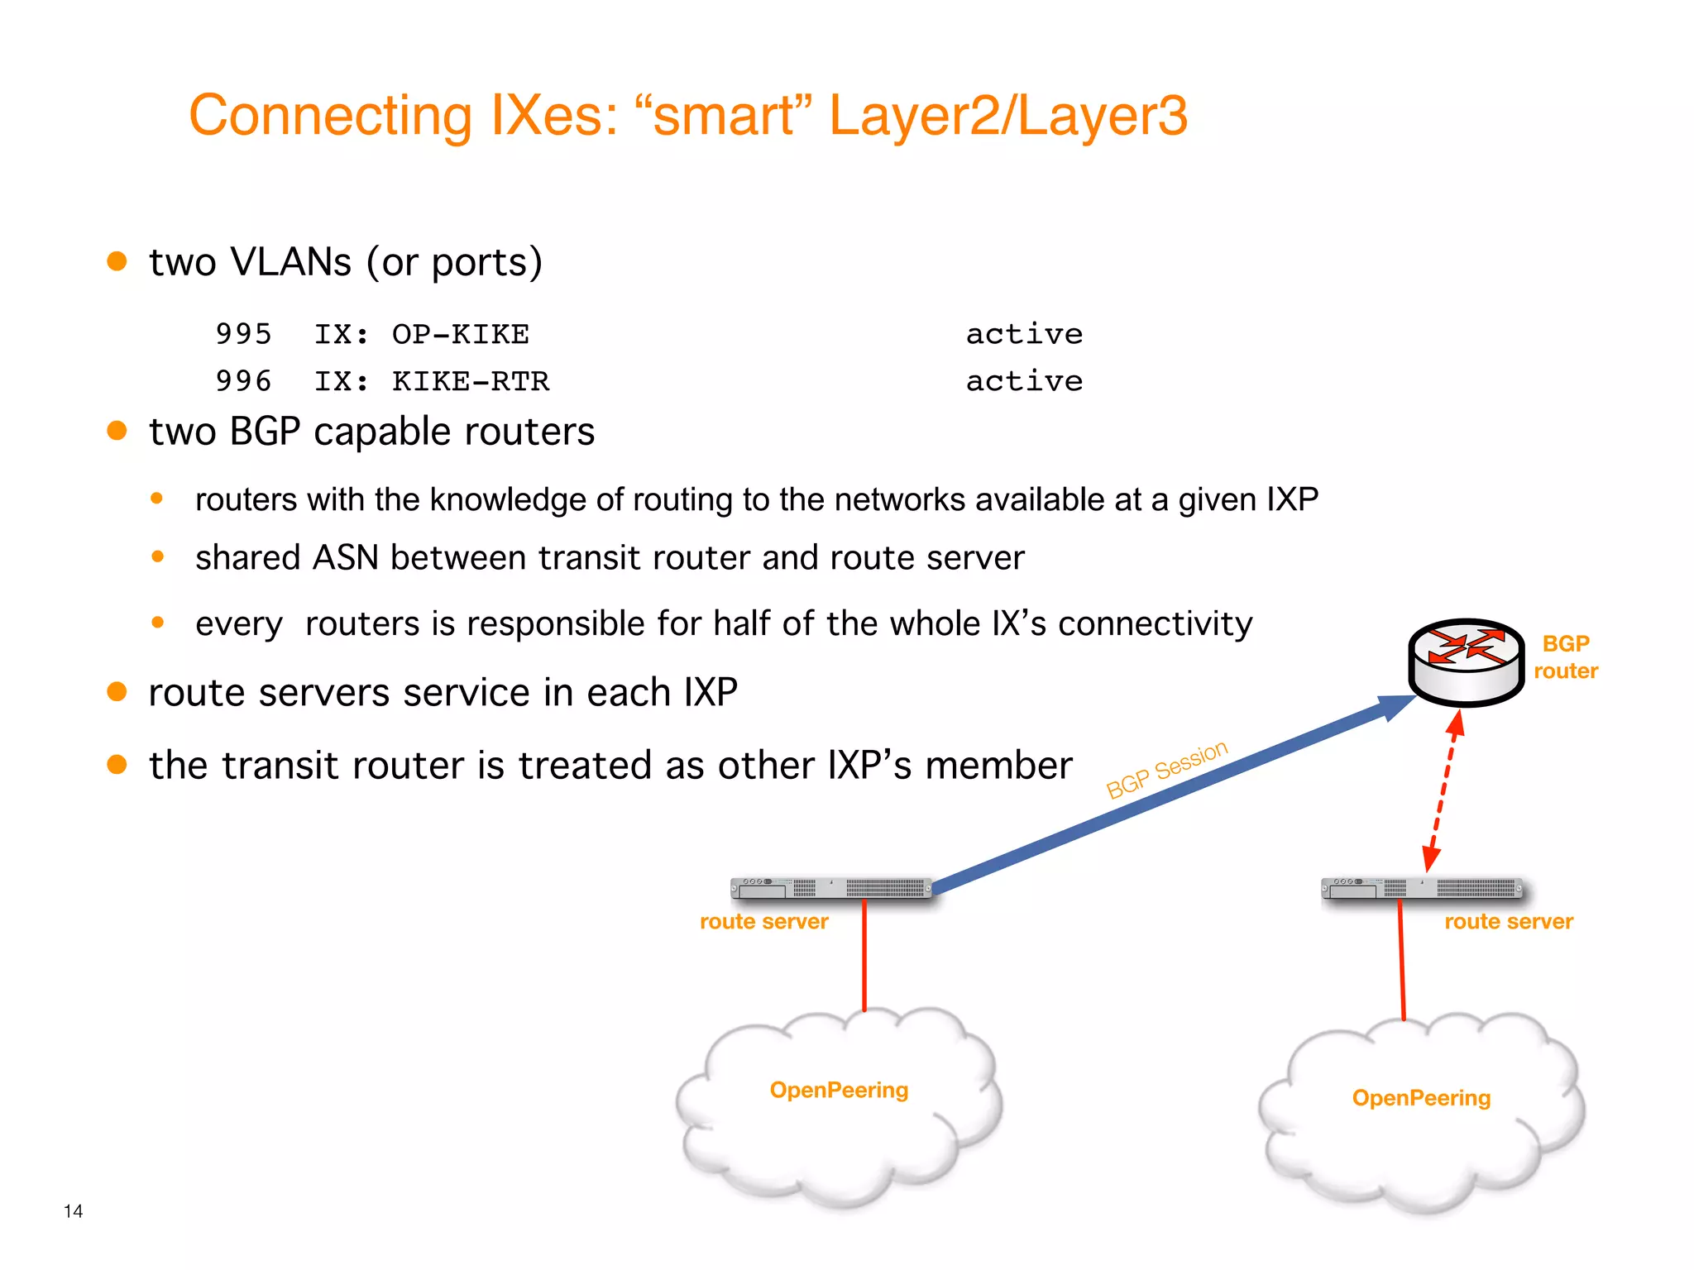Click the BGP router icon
click(1466, 661)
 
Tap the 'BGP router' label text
click(1565, 657)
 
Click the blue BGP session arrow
click(1158, 797)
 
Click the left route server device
click(830, 888)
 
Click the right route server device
click(1421, 888)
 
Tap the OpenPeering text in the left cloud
click(839, 1090)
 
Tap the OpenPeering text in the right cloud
click(1421, 1098)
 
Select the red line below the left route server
click(864, 955)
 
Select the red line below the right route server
click(1401, 959)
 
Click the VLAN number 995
click(243, 334)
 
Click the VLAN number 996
click(243, 381)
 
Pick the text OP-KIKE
click(460, 334)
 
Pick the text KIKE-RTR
click(470, 381)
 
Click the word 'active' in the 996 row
click(1024, 381)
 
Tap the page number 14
click(73, 1211)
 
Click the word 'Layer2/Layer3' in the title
click(1007, 115)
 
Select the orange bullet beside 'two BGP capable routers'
click(117, 431)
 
